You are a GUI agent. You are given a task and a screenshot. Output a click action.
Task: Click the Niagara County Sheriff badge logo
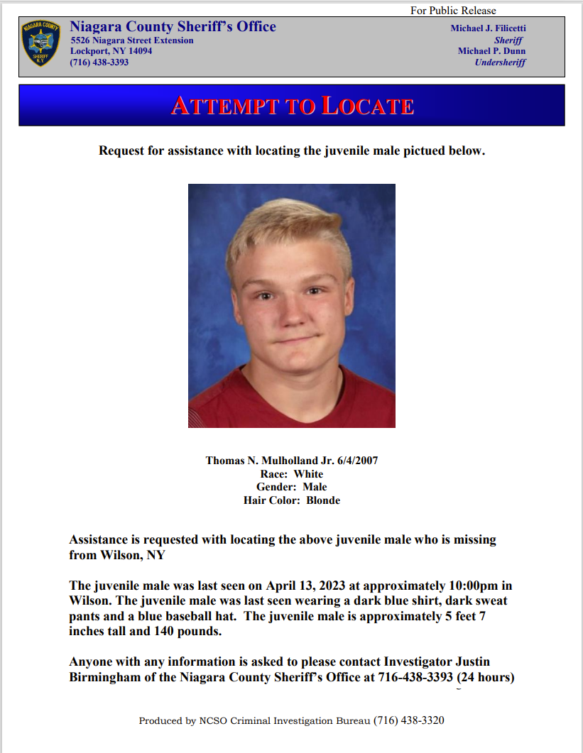tap(41, 44)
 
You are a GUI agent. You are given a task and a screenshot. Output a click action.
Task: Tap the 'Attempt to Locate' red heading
tap(292, 106)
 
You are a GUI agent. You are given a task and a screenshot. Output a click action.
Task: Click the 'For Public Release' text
tap(453, 11)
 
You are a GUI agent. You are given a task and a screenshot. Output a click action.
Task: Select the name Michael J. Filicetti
tap(488, 28)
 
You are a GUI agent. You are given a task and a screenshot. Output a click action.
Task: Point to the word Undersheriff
tap(500, 62)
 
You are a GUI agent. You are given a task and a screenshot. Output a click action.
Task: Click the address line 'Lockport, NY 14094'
tap(111, 51)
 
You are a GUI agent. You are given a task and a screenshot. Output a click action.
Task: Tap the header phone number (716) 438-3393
tap(99, 62)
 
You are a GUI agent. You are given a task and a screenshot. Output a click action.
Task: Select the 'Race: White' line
tap(291, 474)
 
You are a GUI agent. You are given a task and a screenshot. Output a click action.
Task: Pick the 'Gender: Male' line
tap(291, 487)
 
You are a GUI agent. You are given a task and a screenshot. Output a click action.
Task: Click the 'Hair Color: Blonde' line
tap(291, 500)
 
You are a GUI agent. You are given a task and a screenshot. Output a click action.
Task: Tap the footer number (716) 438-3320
tap(408, 720)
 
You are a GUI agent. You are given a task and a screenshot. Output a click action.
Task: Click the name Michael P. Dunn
tap(491, 51)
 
